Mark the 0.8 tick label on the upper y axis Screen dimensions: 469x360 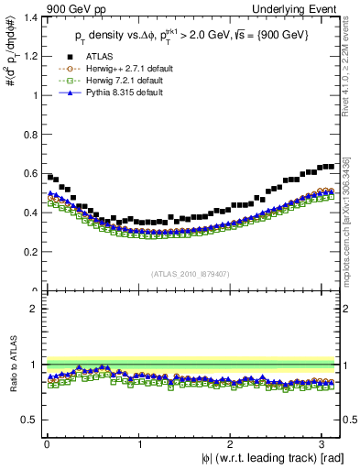pos(28,134)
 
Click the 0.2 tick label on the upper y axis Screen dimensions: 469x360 pos(28,252)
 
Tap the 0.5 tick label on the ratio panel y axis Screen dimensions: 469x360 pos(28,420)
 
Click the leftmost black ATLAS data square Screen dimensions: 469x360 pos(50,176)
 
